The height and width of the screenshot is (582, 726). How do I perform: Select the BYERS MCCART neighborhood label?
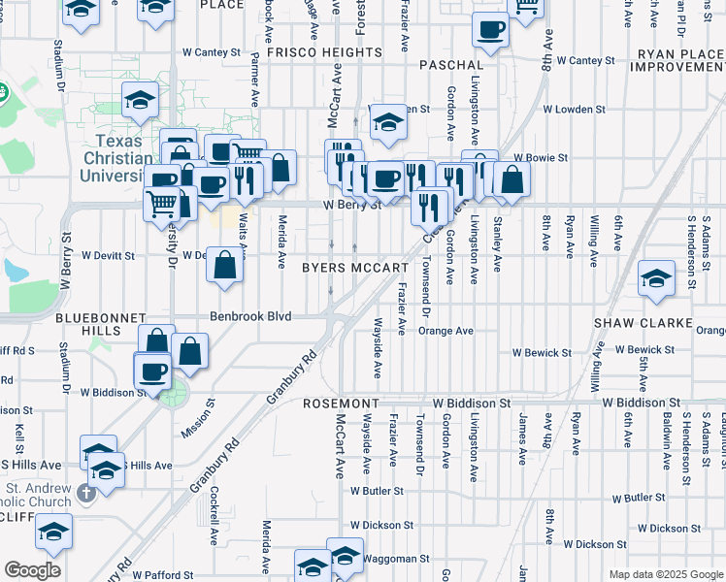[x=354, y=268]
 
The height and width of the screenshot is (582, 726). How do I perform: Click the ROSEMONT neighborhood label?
[x=340, y=403]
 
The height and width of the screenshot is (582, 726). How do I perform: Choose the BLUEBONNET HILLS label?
[x=100, y=324]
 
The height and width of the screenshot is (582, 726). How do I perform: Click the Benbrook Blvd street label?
[x=252, y=316]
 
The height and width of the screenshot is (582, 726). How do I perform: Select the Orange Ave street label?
[x=445, y=331]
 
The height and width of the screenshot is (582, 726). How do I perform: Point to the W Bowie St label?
[x=540, y=157]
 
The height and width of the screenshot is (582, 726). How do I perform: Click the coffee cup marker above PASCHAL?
[x=491, y=29]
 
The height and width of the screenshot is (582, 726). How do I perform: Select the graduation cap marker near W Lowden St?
[x=388, y=121]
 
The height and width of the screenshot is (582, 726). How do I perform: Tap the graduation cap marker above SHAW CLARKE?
[x=656, y=277]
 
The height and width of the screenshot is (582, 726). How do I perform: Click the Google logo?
[x=33, y=571]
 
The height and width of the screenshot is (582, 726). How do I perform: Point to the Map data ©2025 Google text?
[x=666, y=574]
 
